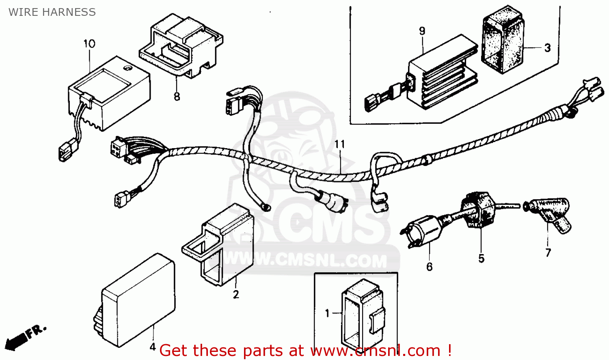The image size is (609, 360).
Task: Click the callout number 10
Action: tap(89, 43)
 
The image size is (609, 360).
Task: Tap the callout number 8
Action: tap(177, 97)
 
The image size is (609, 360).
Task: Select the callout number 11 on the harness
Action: tap(339, 144)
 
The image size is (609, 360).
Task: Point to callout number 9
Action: tap(422, 31)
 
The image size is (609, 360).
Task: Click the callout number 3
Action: tap(547, 48)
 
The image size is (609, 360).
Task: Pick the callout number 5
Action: tap(481, 259)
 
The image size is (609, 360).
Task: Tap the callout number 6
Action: tap(429, 267)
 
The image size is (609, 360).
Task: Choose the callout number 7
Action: tap(548, 253)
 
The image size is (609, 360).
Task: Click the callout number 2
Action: tap(236, 295)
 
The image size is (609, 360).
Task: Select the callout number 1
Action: tap(327, 313)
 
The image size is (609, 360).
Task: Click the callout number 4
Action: tap(153, 347)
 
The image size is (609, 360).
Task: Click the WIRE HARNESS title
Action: tap(52, 12)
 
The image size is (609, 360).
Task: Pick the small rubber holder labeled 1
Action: tap(361, 313)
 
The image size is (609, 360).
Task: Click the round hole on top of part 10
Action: tap(127, 68)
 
